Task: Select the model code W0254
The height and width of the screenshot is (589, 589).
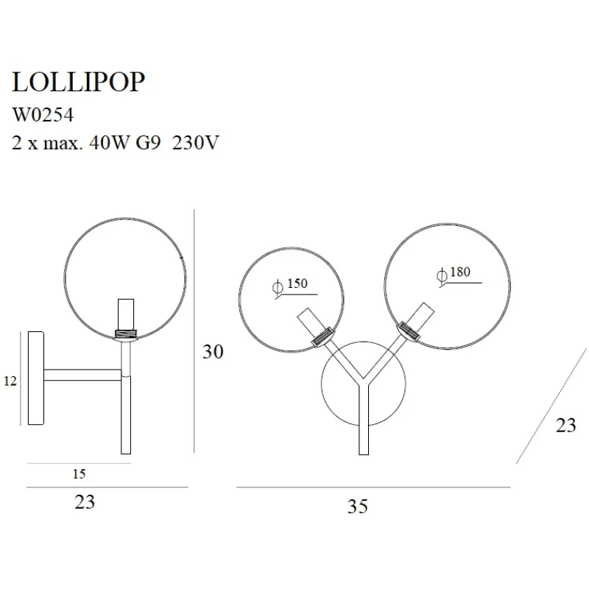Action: [43, 115]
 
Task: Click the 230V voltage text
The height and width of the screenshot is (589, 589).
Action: [195, 142]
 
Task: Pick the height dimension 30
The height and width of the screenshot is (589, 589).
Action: [213, 352]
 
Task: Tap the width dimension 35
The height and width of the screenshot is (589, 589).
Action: [358, 506]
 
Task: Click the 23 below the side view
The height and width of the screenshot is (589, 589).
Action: [85, 502]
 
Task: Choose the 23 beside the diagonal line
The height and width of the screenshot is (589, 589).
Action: [565, 425]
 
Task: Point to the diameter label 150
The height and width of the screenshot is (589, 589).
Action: [297, 283]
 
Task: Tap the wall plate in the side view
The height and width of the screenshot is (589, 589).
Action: [35, 378]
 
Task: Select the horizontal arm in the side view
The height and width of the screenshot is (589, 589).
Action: [82, 375]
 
